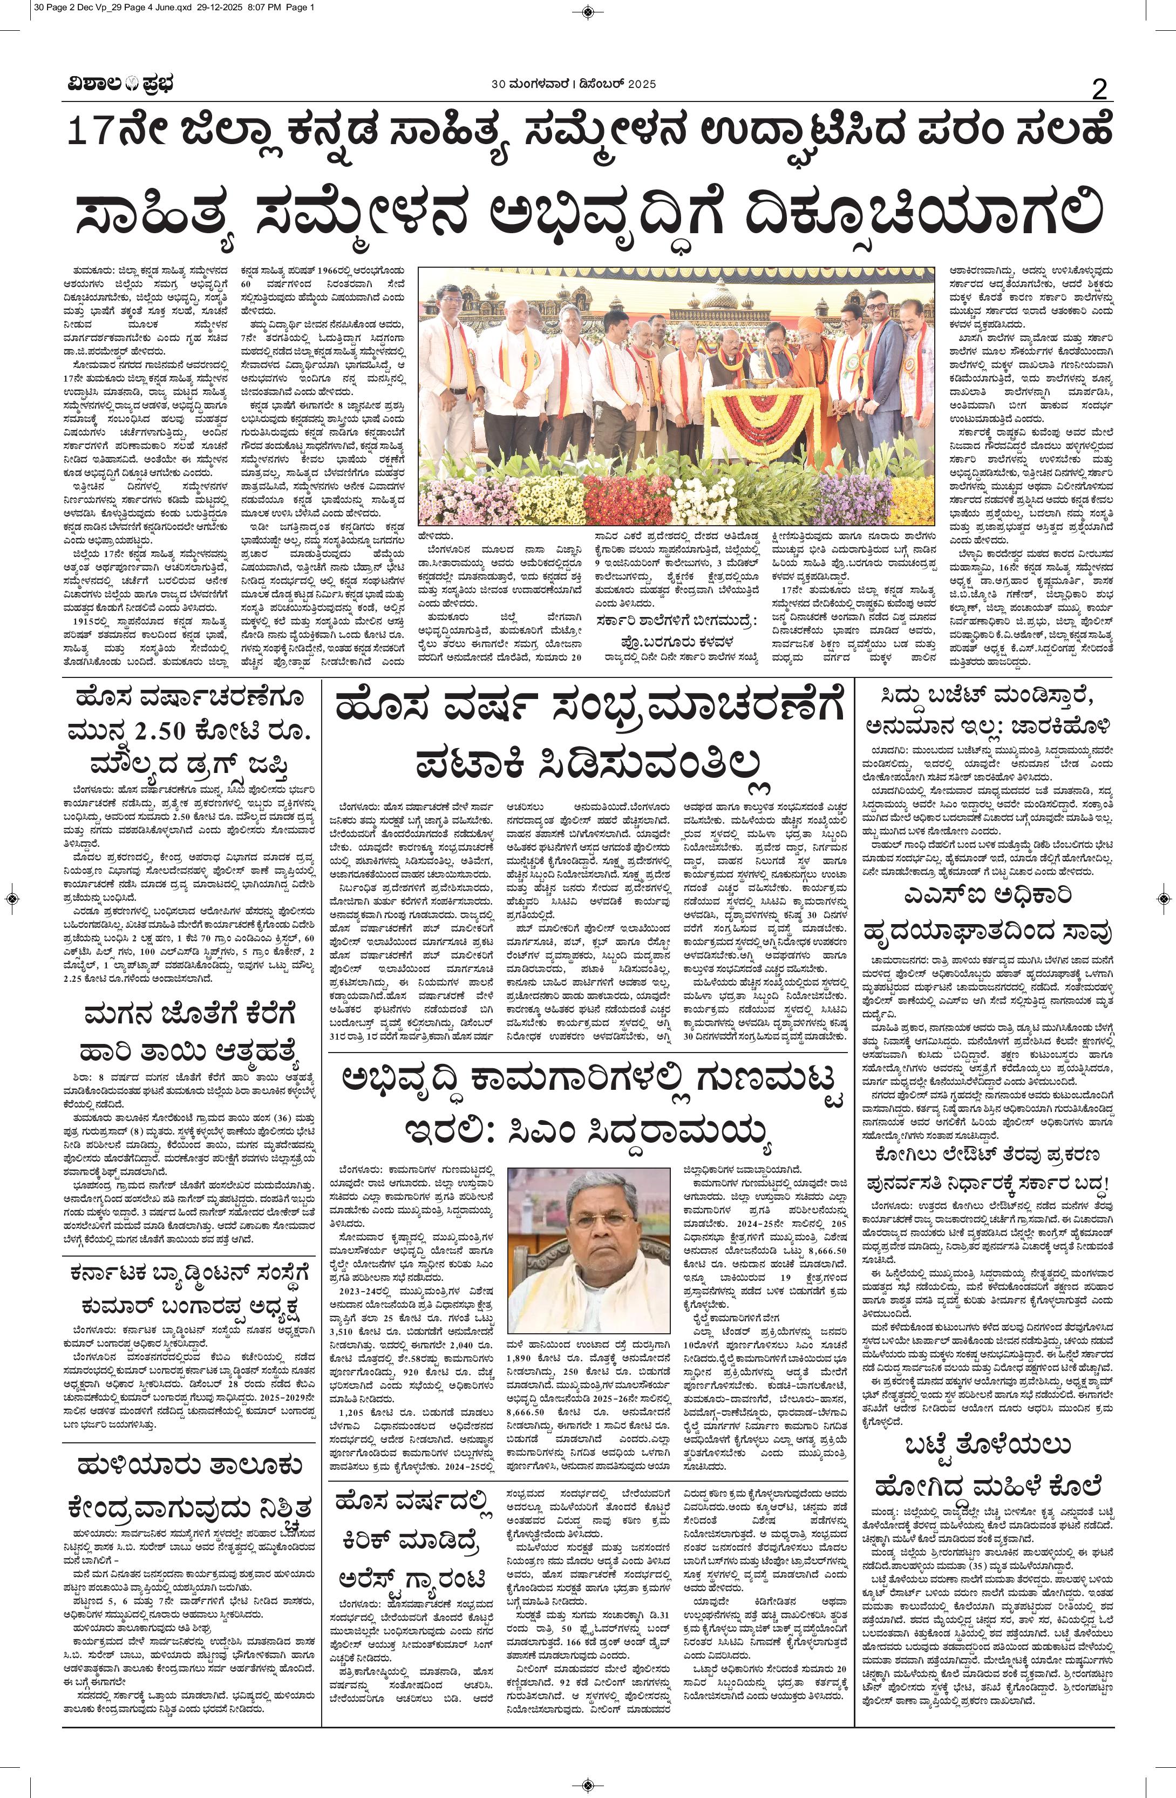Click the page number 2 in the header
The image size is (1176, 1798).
click(x=1099, y=90)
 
